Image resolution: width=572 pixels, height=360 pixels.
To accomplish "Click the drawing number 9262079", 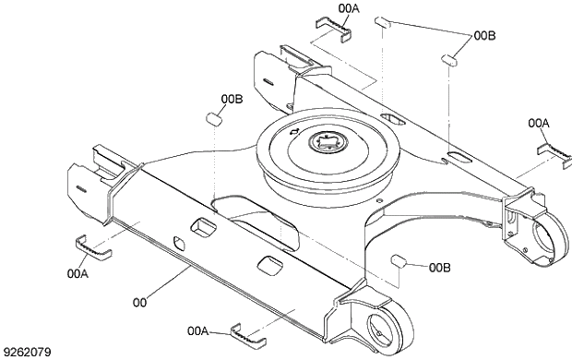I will click(x=28, y=352).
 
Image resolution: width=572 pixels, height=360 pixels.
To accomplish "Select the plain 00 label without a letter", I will click(x=141, y=302).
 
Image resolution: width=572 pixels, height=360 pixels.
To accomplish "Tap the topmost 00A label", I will click(x=349, y=7).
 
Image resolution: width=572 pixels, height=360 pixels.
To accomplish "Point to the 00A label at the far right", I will click(x=539, y=123).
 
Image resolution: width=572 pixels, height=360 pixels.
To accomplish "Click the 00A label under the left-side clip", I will click(x=77, y=273).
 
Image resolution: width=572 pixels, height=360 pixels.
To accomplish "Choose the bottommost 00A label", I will click(x=198, y=330).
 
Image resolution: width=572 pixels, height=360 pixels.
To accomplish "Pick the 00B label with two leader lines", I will click(x=485, y=35).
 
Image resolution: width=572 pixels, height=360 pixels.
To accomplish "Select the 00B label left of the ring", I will click(x=232, y=98).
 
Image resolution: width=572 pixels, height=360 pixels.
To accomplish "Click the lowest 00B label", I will click(x=439, y=268).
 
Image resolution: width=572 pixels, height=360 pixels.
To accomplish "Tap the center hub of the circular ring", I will click(x=325, y=141).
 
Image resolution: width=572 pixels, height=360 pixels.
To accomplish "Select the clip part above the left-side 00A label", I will click(x=92, y=247).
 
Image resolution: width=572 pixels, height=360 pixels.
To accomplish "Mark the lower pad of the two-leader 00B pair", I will click(x=451, y=59).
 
